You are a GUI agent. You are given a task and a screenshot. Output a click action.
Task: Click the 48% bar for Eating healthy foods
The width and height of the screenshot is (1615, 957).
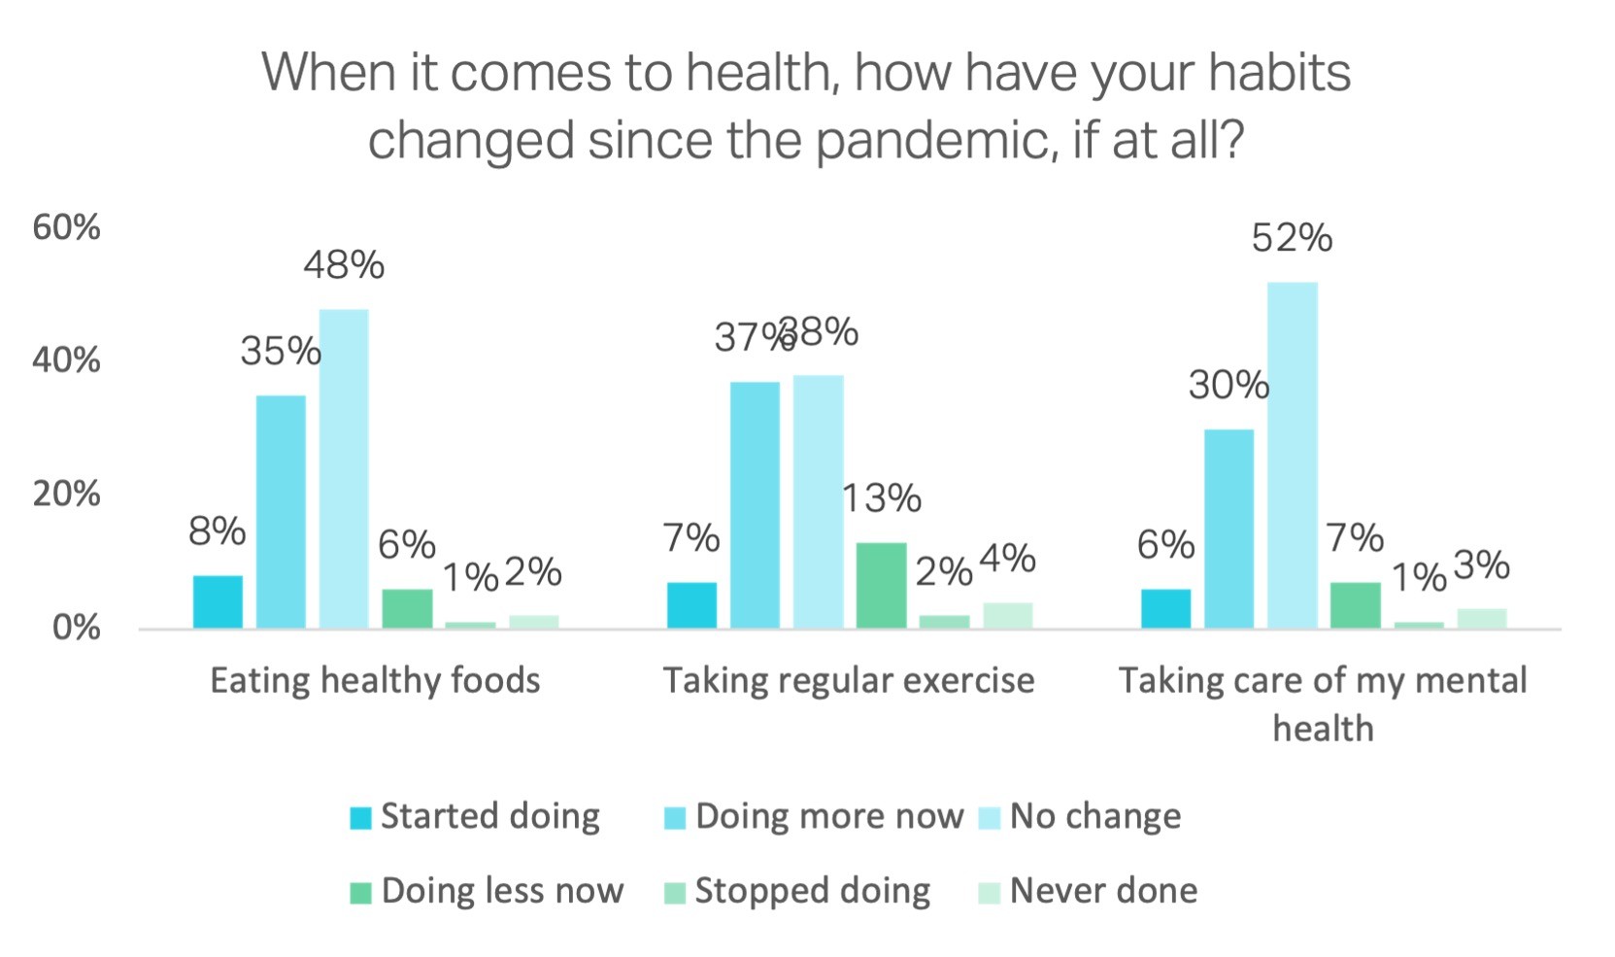point(344,468)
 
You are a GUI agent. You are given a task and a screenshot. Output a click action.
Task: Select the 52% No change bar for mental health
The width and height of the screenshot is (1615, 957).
point(1292,455)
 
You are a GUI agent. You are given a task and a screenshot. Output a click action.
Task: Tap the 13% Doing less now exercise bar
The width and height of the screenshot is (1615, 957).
point(881,585)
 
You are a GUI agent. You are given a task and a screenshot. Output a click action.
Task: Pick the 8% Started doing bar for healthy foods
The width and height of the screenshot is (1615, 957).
point(218,601)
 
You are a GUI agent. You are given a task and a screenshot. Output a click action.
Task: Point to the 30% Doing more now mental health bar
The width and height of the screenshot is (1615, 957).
point(1228,529)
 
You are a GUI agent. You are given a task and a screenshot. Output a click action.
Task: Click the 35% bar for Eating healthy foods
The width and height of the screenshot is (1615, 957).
point(281,511)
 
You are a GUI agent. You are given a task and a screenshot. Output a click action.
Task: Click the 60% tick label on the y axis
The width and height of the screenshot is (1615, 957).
point(66,227)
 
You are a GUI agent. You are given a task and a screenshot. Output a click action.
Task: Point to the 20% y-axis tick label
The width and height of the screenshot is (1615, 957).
point(66,494)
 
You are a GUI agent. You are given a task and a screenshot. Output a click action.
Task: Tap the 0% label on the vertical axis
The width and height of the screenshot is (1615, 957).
point(76,628)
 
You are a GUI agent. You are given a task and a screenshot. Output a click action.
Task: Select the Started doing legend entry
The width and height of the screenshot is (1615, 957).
point(475,816)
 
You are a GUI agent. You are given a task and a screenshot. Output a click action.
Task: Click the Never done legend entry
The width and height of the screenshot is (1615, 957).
point(1089,891)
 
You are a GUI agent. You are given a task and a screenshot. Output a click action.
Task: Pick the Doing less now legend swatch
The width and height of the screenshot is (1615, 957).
point(361,893)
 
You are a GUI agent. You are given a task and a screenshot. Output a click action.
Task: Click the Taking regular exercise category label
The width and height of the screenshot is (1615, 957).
point(849,680)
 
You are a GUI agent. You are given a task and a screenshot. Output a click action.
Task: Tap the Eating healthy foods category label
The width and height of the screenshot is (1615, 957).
point(375,680)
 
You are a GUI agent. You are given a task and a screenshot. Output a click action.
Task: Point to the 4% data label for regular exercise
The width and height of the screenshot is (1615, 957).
point(1007,559)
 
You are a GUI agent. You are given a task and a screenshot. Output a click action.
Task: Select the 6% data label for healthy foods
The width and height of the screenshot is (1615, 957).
point(406,545)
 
